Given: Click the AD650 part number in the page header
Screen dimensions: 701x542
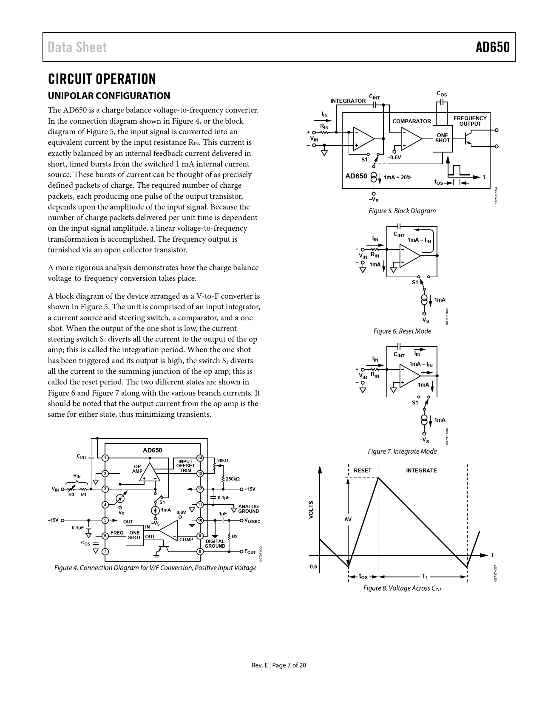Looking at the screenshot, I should pos(492,47).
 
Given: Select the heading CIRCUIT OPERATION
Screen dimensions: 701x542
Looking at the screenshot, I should pos(102,79).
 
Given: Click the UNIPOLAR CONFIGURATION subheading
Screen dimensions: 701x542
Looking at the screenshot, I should pos(109,96).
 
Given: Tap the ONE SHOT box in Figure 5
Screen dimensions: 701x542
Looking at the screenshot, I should pos(442,138).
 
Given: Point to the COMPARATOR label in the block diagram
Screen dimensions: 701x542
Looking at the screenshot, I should pos(411,122).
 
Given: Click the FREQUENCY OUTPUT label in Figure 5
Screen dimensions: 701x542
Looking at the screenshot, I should pos(470,121).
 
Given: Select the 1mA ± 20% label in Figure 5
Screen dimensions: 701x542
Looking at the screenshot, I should pos(397,177).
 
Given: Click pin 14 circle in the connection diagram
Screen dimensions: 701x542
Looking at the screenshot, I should pos(200,458).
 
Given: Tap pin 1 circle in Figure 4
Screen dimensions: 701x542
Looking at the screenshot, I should pos(105,458).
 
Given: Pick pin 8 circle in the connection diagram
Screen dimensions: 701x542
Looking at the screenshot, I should pos(200,551).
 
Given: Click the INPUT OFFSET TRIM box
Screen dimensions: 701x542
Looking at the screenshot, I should pos(185,466).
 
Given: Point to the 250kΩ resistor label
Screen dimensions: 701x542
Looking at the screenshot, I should pos(233,479).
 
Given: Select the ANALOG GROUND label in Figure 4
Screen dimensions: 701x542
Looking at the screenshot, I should pos(248,509).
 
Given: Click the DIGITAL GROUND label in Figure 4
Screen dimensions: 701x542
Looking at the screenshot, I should pos(215,543).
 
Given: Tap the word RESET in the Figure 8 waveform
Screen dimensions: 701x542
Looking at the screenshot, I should pos(362,470).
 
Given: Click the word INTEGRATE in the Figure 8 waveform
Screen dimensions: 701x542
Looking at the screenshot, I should pos(421,470).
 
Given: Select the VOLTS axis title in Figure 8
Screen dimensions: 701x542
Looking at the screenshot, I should pos(311,509).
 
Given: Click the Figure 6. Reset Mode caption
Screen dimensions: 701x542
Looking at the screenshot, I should pos(402,331).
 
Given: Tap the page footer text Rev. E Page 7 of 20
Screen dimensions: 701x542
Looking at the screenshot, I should pos(278,665).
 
